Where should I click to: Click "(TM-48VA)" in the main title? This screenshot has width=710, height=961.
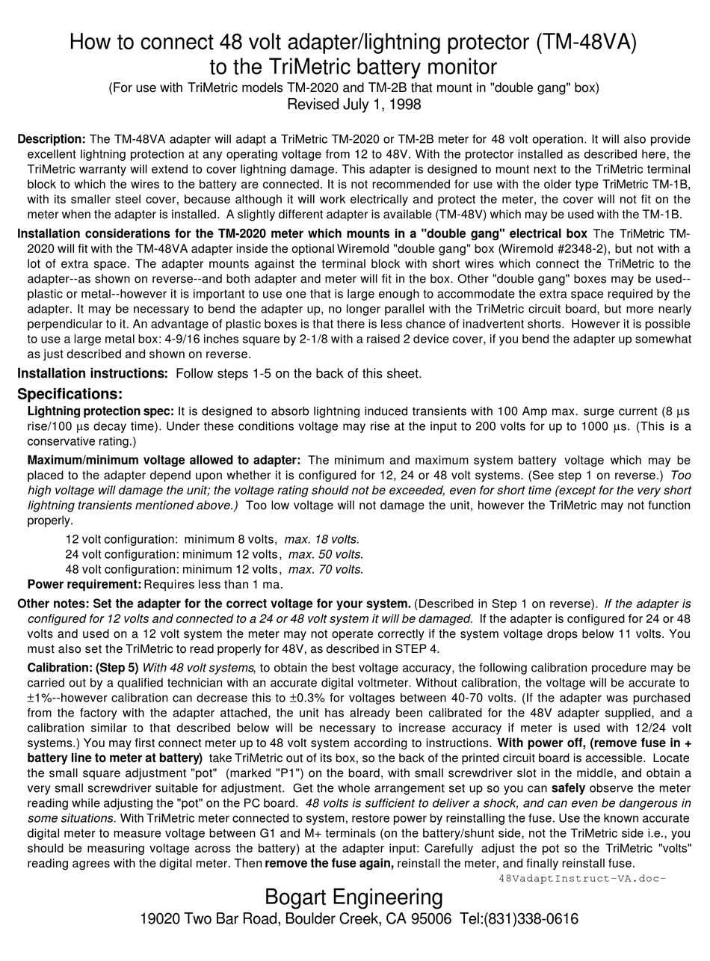[x=587, y=42]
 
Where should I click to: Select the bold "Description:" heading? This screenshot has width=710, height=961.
[x=52, y=139]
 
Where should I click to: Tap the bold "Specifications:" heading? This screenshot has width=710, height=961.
[x=70, y=394]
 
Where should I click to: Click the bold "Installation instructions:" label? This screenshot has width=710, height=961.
[x=92, y=373]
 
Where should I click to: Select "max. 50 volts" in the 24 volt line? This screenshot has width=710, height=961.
[x=325, y=554]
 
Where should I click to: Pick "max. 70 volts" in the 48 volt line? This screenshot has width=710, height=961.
[x=325, y=569]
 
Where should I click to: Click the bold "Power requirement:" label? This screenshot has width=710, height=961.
[x=84, y=584]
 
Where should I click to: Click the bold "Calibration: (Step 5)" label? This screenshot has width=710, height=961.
[x=83, y=667]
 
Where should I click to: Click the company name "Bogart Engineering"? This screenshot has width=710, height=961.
[x=354, y=897]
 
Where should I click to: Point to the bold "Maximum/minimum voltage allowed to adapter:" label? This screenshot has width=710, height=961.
[x=164, y=460]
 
